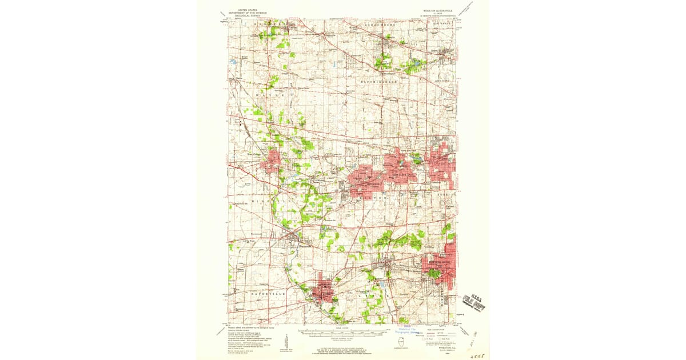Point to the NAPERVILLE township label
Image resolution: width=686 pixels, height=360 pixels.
(x=268, y=293)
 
